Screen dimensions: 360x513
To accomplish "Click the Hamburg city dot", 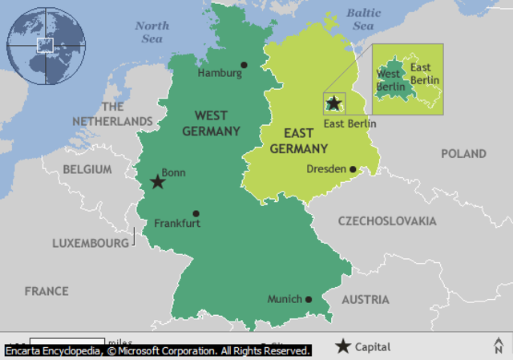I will (x=244, y=65).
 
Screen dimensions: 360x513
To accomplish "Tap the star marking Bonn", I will (x=158, y=182).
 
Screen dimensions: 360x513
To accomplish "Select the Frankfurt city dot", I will (x=196, y=214).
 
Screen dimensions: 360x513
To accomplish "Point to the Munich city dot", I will (x=309, y=299).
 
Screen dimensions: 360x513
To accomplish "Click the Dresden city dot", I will (x=353, y=169).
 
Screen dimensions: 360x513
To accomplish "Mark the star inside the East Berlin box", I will (x=333, y=104).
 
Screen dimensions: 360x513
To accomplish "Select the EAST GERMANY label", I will (x=298, y=141).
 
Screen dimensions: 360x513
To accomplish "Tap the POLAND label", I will (x=463, y=153).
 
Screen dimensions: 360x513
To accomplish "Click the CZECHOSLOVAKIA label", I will (x=387, y=220).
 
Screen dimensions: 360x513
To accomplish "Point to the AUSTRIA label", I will (x=366, y=299).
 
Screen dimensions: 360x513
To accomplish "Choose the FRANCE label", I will (x=46, y=291).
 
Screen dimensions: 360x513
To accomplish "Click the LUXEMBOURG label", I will (x=90, y=242).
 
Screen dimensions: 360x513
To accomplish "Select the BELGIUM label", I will (x=87, y=169).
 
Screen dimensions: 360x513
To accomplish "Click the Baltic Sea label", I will (x=363, y=19).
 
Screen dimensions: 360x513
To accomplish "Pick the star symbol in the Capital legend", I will (x=343, y=346).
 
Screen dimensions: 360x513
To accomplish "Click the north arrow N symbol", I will (x=499, y=346).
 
